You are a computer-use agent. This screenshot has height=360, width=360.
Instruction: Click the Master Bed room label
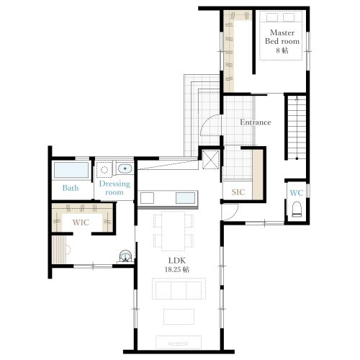(282, 37)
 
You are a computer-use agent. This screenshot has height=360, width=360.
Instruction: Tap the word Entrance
(256, 122)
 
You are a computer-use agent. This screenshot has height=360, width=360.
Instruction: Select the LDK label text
(177, 261)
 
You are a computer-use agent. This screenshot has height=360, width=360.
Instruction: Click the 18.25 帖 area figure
(177, 269)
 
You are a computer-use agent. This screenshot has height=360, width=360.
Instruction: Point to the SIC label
(238, 192)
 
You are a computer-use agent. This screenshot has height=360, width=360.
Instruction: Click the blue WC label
(297, 193)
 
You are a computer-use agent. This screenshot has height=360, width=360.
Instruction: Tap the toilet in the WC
(297, 210)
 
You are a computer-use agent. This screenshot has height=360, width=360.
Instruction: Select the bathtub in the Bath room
(71, 170)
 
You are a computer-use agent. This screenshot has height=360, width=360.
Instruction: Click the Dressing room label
(114, 188)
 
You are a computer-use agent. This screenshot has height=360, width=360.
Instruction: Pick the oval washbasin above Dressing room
(125, 168)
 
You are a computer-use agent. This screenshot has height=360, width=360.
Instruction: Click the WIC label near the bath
(81, 222)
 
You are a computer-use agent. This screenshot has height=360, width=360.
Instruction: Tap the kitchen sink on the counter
(185, 198)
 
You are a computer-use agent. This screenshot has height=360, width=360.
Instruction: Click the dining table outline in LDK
(173, 231)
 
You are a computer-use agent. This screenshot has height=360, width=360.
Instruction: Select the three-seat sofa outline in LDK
(179, 289)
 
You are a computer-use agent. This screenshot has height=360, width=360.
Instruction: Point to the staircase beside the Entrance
(297, 127)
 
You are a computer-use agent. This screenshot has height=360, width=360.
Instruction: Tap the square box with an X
(210, 160)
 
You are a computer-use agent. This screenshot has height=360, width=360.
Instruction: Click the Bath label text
(71, 188)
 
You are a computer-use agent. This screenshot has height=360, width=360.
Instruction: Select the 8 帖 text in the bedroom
(282, 50)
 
